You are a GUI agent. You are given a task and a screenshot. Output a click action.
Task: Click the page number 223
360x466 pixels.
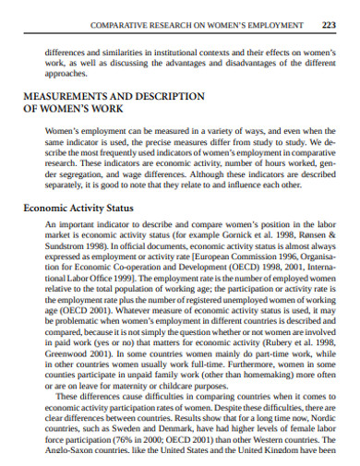[330, 25]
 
